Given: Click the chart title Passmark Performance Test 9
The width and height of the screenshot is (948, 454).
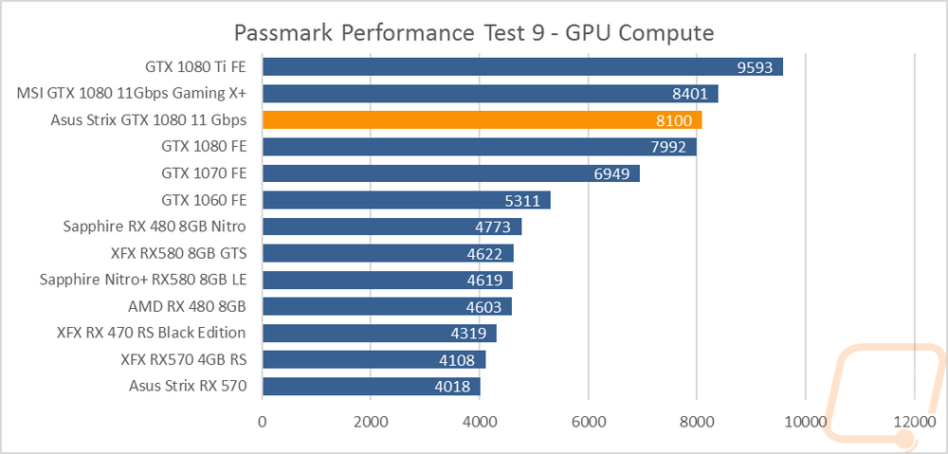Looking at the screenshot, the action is pyautogui.click(x=473, y=32).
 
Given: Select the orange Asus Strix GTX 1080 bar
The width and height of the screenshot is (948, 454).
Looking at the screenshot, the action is pyautogui.click(x=482, y=120).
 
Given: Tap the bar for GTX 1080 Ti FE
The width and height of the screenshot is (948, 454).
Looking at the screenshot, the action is pyautogui.click(x=522, y=67).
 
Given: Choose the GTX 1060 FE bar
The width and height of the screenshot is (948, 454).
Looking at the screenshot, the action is pyautogui.click(x=407, y=200).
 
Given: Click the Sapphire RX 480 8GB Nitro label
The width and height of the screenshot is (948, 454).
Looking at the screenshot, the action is pyautogui.click(x=155, y=227).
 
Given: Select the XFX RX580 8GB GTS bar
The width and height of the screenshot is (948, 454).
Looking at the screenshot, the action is pyautogui.click(x=388, y=253).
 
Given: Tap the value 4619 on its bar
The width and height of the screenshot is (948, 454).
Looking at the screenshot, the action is pyautogui.click(x=483, y=281).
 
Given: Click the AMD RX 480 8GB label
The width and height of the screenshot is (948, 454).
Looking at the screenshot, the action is pyautogui.click(x=188, y=306).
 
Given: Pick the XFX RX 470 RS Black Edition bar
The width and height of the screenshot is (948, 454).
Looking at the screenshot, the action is pyautogui.click(x=379, y=333).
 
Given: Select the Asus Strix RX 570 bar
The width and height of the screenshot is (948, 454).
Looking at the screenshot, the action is pyautogui.click(x=372, y=387).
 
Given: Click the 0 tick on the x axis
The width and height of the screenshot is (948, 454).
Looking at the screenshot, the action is pyautogui.click(x=263, y=421).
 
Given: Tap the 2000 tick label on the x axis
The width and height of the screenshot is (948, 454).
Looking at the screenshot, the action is pyautogui.click(x=372, y=421).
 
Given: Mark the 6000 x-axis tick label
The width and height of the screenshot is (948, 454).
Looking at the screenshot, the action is pyautogui.click(x=589, y=421).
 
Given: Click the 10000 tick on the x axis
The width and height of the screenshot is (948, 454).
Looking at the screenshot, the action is pyautogui.click(x=805, y=421).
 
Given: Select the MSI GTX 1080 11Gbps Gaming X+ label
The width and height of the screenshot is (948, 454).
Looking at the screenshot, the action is pyautogui.click(x=132, y=94).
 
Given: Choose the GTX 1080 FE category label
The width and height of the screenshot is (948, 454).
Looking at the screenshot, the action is pyautogui.click(x=205, y=147).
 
